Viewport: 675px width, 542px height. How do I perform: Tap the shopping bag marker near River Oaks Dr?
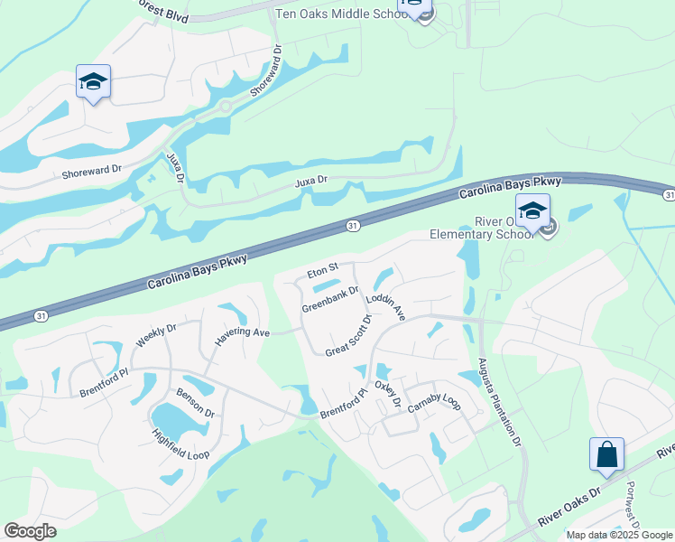tap(606, 453)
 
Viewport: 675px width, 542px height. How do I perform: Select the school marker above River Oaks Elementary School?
tap(532, 211)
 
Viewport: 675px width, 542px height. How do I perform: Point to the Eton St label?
tap(322, 268)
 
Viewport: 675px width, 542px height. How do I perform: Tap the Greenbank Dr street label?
tap(330, 298)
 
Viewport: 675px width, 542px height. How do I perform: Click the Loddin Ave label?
tap(386, 308)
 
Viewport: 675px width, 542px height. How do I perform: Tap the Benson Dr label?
tap(196, 405)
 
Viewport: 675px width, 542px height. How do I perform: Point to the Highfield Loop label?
tap(180, 440)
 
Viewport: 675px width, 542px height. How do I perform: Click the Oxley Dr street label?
tap(387, 394)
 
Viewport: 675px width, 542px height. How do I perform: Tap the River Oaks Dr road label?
tap(569, 507)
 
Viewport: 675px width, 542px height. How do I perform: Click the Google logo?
tap(30, 531)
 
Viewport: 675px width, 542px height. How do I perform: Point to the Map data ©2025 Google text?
tap(618, 535)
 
